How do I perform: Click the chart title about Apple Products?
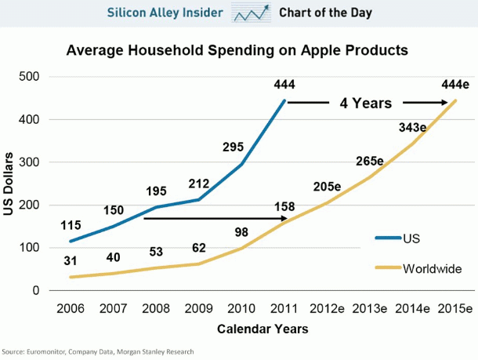(238, 51)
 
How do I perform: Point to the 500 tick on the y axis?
(31, 77)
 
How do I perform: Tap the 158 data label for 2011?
(283, 207)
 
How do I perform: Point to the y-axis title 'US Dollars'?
(10, 185)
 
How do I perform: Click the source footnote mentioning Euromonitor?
(98, 351)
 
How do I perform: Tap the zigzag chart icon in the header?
(250, 13)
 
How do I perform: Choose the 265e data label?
(368, 161)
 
